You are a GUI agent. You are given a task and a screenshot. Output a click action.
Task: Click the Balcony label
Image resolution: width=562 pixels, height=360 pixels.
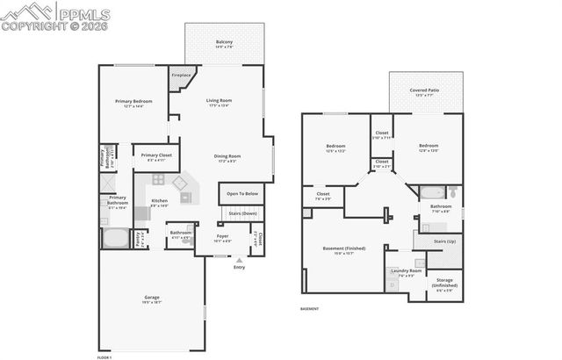coord(225,41)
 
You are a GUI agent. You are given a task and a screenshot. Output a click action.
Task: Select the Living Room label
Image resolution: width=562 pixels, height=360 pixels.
coord(218,100)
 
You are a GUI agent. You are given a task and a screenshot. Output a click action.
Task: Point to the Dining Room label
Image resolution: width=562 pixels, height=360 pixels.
coord(228,156)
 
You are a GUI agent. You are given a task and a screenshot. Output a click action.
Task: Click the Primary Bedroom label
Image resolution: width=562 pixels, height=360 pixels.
coord(133,102)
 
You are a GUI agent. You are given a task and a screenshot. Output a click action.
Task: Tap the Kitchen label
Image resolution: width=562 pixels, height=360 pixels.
coord(159,201)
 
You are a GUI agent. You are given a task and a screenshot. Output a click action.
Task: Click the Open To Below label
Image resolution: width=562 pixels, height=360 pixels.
coord(243,194)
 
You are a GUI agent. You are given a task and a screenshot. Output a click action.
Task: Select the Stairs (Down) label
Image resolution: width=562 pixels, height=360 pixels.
coord(243,213)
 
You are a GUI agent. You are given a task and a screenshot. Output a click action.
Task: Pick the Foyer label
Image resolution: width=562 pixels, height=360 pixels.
coord(225,235)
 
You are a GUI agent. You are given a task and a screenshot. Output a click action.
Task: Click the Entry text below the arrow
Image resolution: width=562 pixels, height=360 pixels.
coord(239,267)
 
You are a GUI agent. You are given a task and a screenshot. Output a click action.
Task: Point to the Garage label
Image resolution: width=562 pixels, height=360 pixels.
coord(152,298)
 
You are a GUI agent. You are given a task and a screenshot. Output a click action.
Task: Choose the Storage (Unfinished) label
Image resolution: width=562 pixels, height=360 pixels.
coord(444,285)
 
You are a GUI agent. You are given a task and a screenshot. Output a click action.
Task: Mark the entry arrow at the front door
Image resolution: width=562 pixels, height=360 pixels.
coord(239,259)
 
